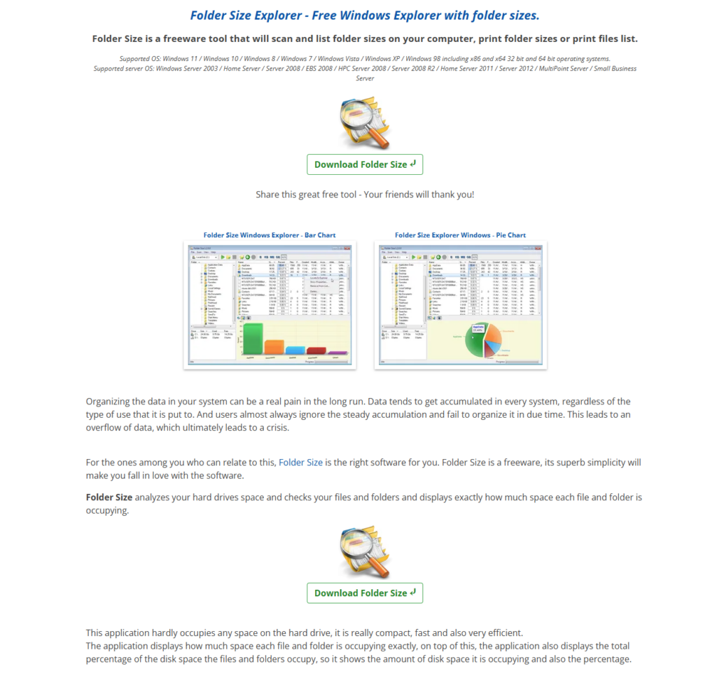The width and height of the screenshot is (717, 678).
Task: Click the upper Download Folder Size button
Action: click(x=364, y=164)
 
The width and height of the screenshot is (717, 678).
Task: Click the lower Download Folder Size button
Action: click(x=364, y=593)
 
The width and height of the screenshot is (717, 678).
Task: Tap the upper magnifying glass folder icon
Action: click(x=364, y=123)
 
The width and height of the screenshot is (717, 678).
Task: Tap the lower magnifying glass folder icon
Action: click(x=364, y=553)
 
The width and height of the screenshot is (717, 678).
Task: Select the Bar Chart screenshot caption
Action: click(x=270, y=235)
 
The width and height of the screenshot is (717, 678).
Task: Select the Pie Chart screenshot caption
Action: click(x=460, y=235)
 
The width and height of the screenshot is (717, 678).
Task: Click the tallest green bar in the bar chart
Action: click(x=253, y=339)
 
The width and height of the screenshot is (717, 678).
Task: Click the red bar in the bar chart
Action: click(x=316, y=351)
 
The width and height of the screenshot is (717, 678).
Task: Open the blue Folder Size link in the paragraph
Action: click(x=301, y=462)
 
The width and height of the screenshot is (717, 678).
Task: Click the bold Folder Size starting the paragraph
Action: click(x=109, y=497)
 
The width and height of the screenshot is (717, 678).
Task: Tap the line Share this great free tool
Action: click(x=364, y=194)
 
